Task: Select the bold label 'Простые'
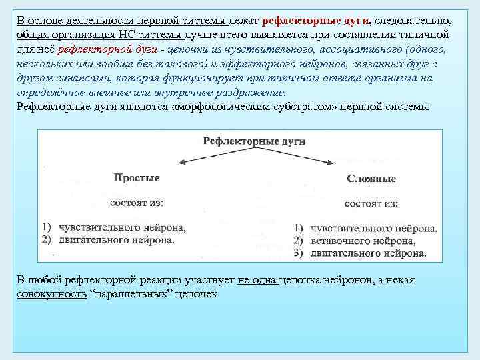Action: point(137,177)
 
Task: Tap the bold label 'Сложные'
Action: point(371,179)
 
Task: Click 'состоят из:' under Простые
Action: point(137,201)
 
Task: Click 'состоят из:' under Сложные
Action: point(372,203)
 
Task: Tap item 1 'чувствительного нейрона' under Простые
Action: point(121,227)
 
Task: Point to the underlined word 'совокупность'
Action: point(50,294)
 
